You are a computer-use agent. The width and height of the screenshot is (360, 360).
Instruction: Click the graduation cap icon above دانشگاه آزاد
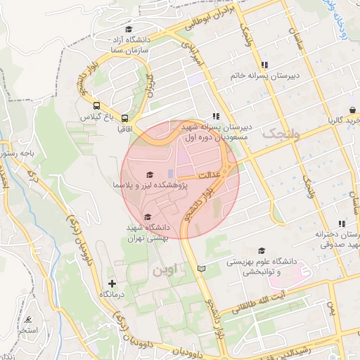pyautogui.click(x=128, y=30)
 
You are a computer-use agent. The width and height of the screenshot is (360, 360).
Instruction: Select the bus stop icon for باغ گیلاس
pyautogui.click(x=95, y=108)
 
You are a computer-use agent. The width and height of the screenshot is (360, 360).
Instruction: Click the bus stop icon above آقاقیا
pyautogui.click(x=124, y=118)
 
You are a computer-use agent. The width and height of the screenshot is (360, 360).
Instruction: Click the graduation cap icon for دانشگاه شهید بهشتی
pyautogui.click(x=147, y=217)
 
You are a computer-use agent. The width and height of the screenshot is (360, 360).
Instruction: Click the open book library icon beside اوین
pyautogui.click(x=202, y=269)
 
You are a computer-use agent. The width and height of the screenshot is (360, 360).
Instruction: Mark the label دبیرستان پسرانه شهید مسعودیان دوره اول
pyautogui.click(x=216, y=131)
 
